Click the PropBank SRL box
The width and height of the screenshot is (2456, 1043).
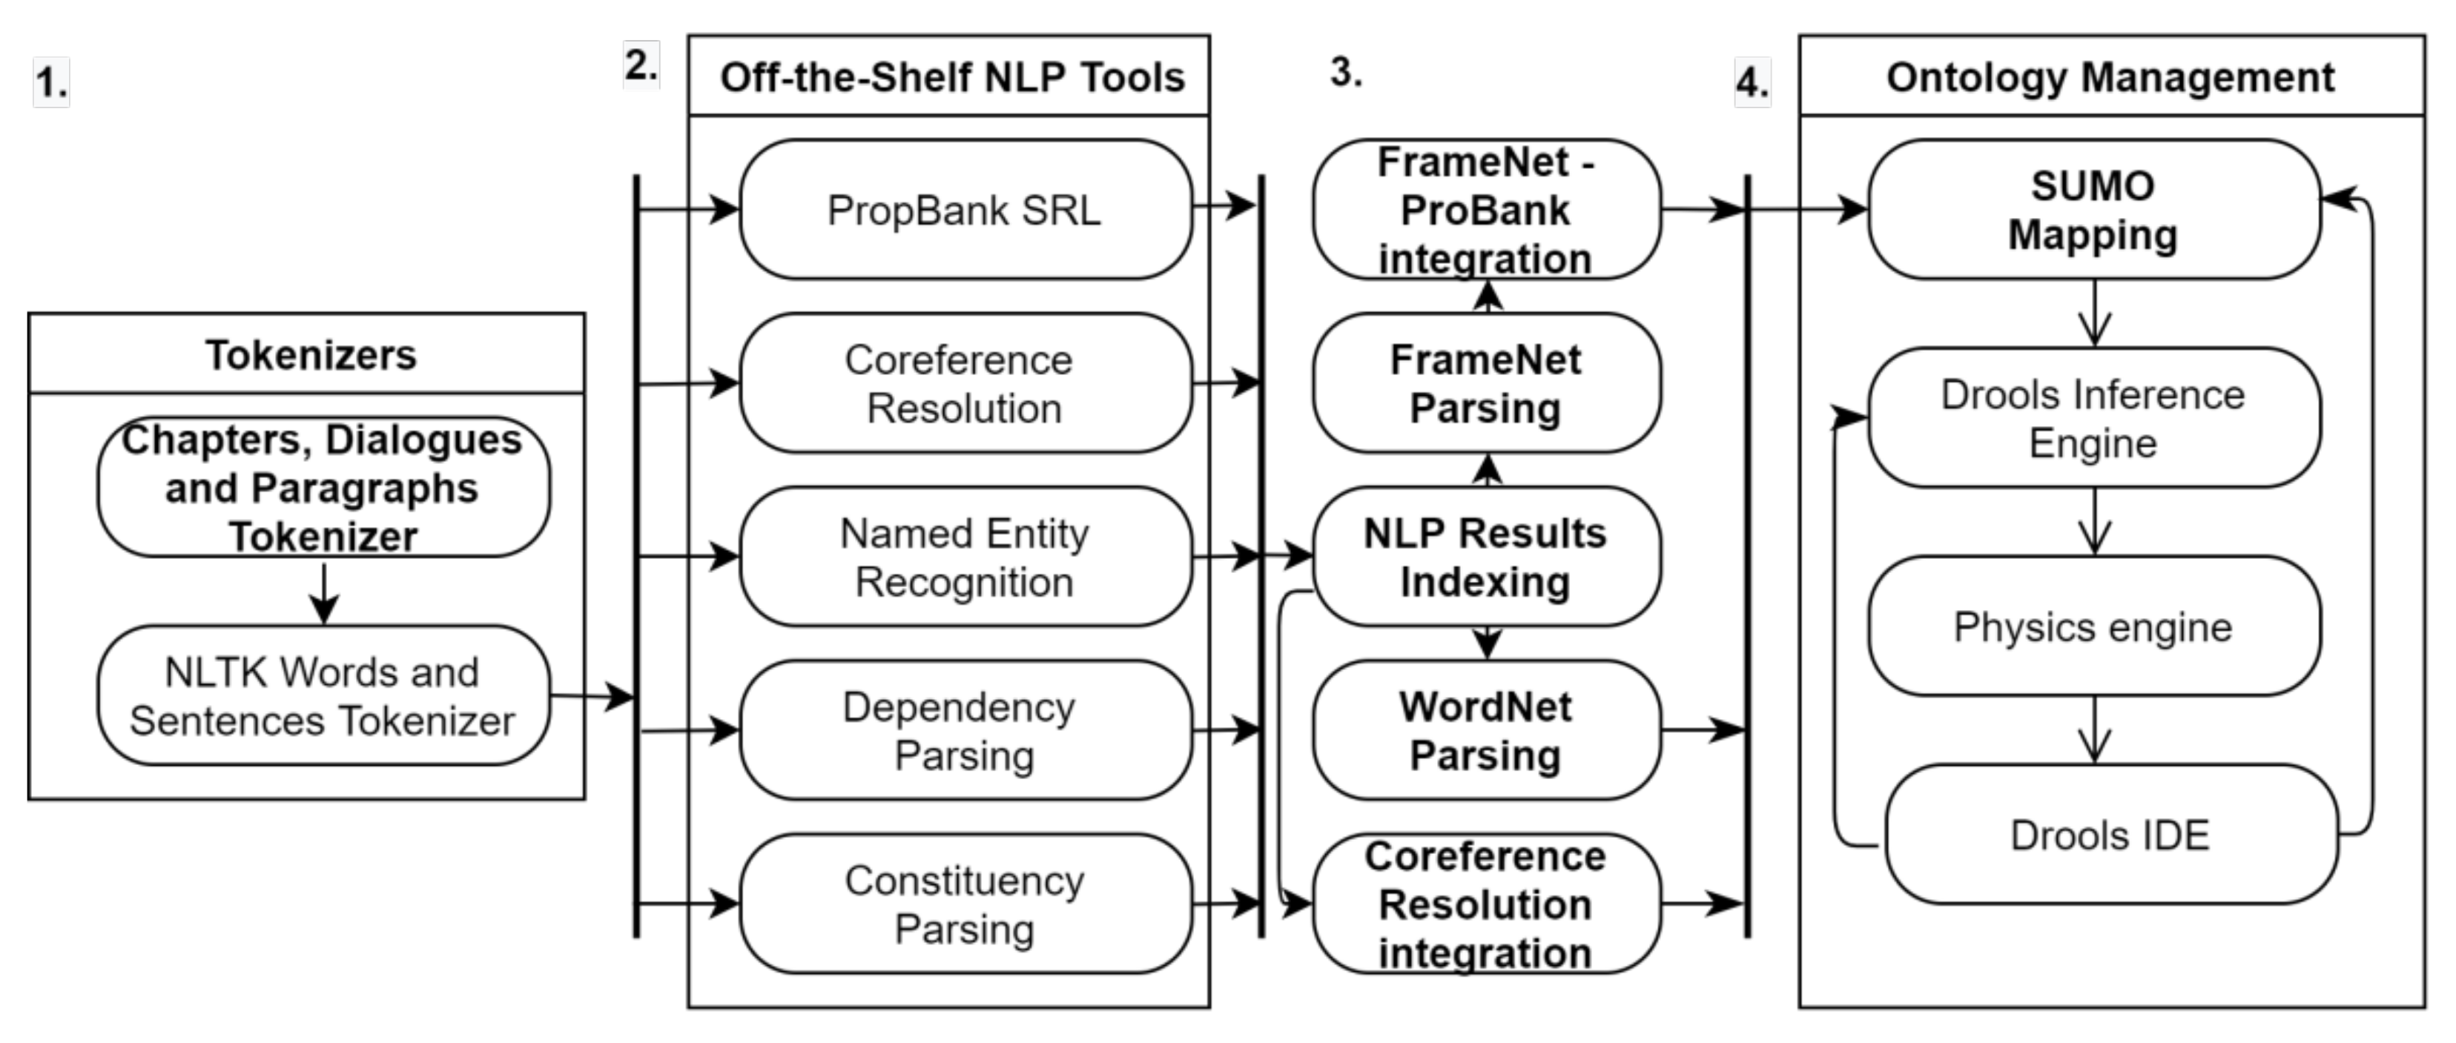[965, 210]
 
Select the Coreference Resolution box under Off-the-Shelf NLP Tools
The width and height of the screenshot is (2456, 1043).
[965, 383]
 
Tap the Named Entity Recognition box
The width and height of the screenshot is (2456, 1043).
[965, 557]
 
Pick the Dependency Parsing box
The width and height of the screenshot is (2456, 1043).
[965, 730]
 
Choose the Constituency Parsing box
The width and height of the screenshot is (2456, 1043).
[965, 904]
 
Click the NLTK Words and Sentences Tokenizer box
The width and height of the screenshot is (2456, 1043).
[323, 696]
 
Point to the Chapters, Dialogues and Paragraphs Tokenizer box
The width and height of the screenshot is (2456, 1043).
[323, 487]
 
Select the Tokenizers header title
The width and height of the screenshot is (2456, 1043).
[311, 354]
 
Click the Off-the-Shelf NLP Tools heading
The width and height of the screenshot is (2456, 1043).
[951, 77]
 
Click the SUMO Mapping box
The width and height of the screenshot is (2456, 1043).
[2093, 210]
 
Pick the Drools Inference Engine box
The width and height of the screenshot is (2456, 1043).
[2093, 417]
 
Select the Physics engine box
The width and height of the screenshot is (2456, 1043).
[2093, 626]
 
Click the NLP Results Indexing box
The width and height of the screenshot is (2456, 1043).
[1485, 557]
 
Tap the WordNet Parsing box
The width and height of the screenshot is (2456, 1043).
[1485, 730]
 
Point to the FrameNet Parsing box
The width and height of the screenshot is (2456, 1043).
[1485, 383]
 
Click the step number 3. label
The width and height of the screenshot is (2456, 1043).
[1345, 71]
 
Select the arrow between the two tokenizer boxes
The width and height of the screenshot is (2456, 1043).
[324, 593]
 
